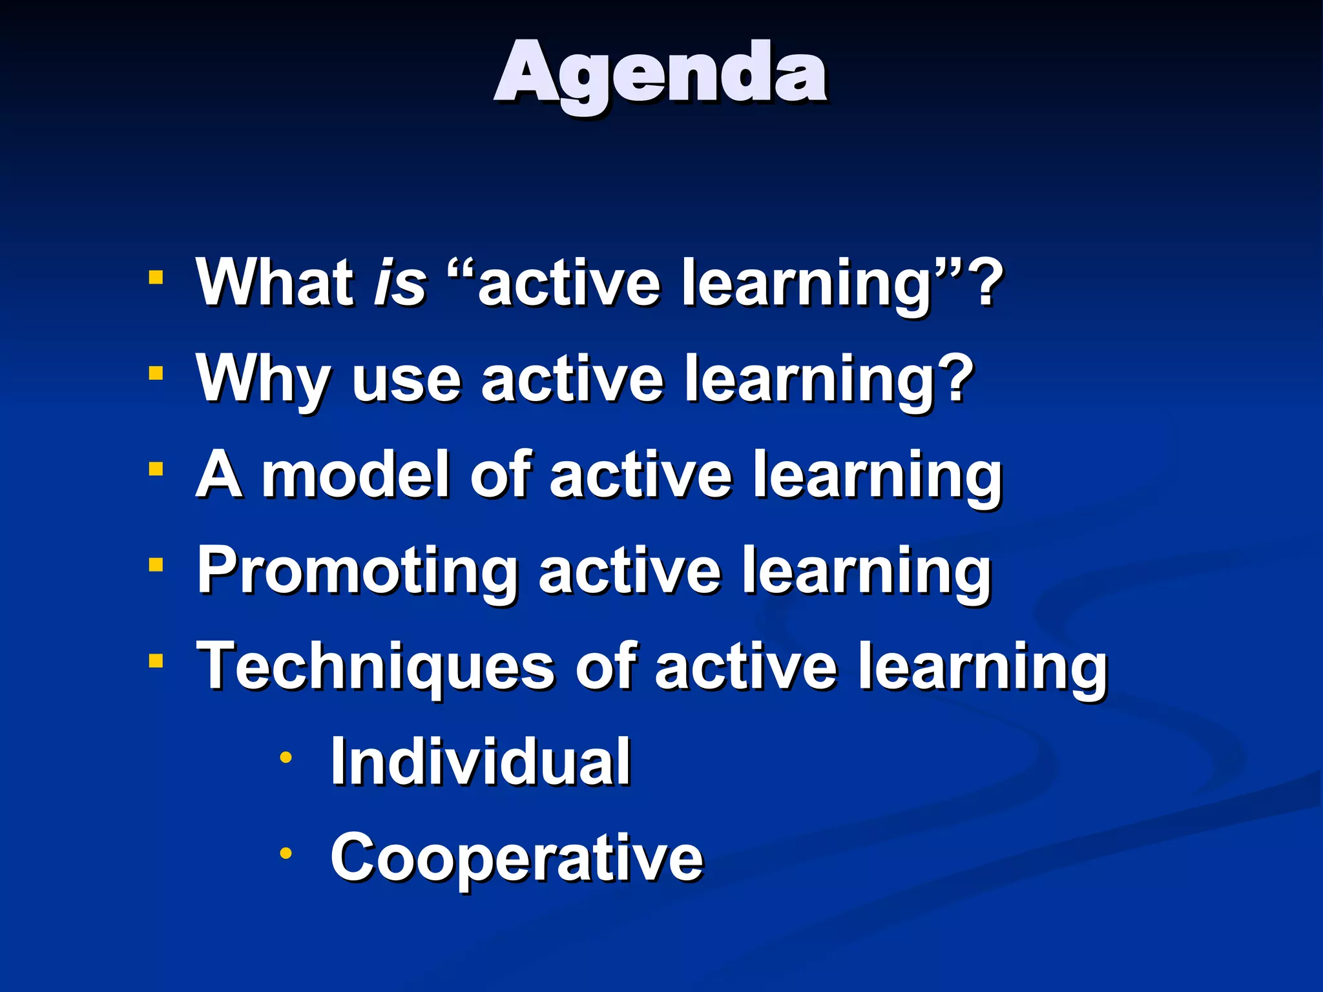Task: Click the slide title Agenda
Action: coord(660,74)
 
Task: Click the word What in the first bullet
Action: coord(276,282)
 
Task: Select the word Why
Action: coord(263,380)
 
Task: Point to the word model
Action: coord(355,475)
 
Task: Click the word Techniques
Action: coord(375,666)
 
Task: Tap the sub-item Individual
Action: coord(480,762)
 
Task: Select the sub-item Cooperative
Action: coord(516,858)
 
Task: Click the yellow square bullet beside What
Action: coord(156,278)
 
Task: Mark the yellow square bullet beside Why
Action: coord(156,373)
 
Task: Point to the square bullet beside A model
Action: coord(156,469)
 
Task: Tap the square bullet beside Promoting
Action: coord(156,565)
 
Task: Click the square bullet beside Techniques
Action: coord(156,661)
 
